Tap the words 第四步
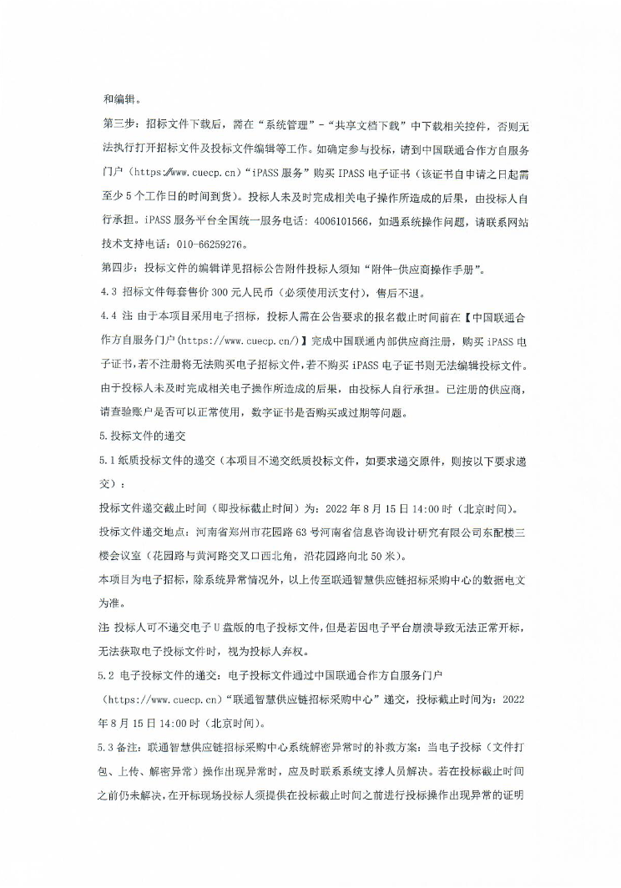click(117, 269)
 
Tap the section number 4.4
click(108, 318)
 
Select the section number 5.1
click(108, 460)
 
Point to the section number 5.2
click(108, 672)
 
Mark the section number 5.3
click(108, 744)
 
